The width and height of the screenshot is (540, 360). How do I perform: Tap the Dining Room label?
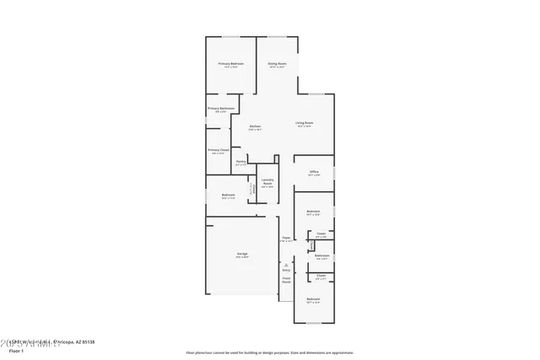click(x=277, y=64)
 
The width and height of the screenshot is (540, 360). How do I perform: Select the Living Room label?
click(x=305, y=124)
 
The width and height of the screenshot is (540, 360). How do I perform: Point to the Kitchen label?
click(x=255, y=127)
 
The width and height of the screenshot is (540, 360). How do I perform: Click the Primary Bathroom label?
click(x=220, y=109)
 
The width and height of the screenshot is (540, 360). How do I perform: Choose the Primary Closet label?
click(x=219, y=150)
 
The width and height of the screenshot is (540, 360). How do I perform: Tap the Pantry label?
click(x=240, y=162)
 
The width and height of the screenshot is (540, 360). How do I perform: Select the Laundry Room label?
click(x=267, y=181)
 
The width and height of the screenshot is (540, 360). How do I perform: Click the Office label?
click(x=313, y=172)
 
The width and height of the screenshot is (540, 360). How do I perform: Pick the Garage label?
click(x=241, y=254)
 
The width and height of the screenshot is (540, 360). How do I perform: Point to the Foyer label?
click(x=286, y=239)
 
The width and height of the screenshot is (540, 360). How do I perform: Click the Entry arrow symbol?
click(x=286, y=265)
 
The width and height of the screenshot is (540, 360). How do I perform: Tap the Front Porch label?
click(x=286, y=280)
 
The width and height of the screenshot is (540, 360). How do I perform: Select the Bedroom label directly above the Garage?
click(x=228, y=195)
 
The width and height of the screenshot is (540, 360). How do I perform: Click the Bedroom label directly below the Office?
click(x=313, y=211)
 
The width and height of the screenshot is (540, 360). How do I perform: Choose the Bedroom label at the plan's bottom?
click(x=313, y=300)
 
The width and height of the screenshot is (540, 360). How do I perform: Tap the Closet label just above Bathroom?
click(x=321, y=234)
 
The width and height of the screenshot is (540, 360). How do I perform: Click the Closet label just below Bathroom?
click(x=321, y=275)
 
